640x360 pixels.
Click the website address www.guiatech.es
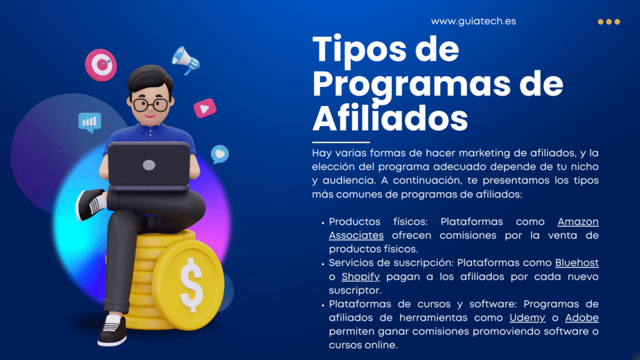[474, 21]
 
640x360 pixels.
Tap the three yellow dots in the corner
[609, 22]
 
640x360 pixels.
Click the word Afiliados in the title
[390, 118]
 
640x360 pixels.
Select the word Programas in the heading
[411, 85]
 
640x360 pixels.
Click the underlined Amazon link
[578, 222]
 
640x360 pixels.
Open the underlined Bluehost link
[577, 263]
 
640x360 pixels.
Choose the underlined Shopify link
[361, 277]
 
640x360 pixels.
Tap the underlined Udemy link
[527, 318]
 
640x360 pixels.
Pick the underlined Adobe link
[582, 317]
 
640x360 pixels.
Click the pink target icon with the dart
[101, 65]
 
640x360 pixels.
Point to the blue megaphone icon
[186, 61]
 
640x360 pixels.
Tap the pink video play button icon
[205, 108]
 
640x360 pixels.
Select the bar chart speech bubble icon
[90, 122]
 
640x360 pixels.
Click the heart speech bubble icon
[219, 154]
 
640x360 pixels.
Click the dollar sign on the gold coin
[191, 285]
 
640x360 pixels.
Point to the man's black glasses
[150, 104]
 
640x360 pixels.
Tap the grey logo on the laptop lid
[149, 165]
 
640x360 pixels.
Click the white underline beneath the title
[341, 142]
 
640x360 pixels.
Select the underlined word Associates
[356, 236]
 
